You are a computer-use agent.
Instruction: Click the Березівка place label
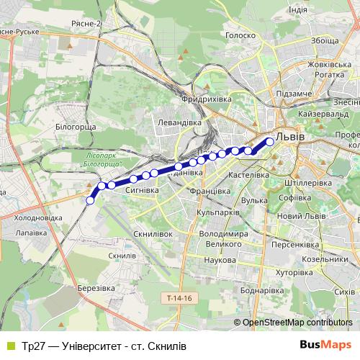[96, 287]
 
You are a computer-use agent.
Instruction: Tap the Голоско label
[240, 35]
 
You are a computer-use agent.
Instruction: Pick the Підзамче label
[293, 94]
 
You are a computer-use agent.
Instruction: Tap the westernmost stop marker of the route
[90, 200]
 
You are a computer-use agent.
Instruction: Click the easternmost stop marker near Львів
[270, 142]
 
